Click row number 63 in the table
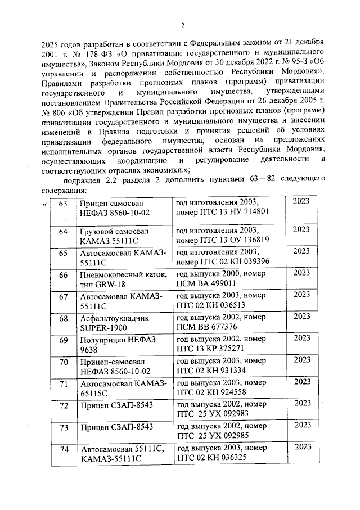63,203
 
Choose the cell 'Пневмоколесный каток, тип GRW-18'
123,279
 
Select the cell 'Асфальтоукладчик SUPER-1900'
107,323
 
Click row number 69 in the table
63,339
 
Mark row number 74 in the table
63,449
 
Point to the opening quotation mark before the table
44,204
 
